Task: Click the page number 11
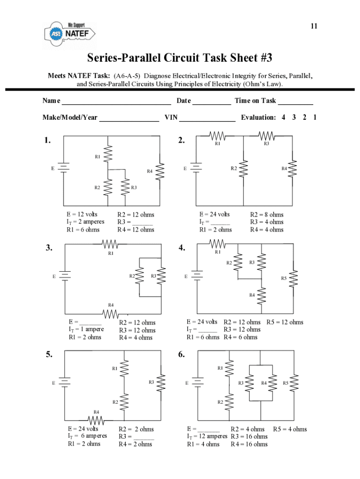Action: coord(314,26)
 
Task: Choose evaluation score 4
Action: coord(284,117)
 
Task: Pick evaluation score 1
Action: coord(315,117)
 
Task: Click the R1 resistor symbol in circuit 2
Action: coord(217,136)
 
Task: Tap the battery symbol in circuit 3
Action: coord(64,276)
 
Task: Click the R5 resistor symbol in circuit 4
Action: coord(294,279)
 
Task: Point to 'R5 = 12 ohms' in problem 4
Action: coord(285,322)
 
